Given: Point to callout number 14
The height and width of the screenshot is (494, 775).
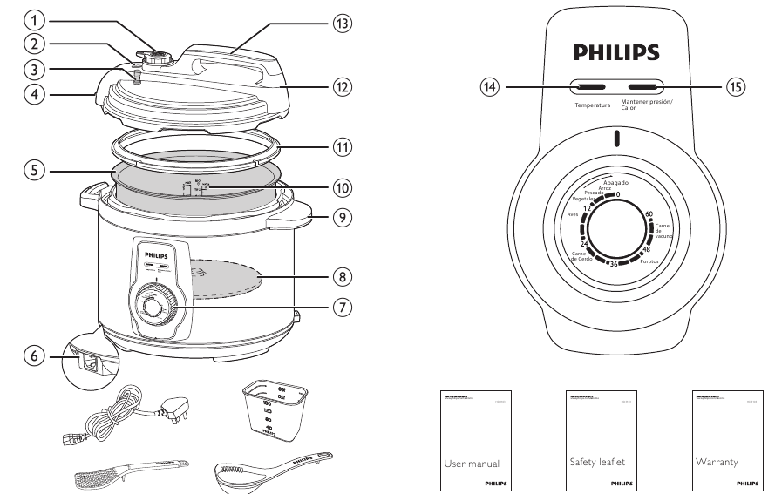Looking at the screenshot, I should click(493, 87).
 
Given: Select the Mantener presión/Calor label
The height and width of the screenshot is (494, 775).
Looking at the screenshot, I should click(642, 105).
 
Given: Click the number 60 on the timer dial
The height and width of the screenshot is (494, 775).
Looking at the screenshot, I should click(649, 213).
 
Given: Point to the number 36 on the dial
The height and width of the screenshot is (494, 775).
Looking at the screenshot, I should click(615, 264).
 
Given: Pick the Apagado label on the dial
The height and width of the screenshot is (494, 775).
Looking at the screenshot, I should click(615, 184).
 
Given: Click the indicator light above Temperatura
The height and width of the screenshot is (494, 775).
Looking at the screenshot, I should click(590, 87).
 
